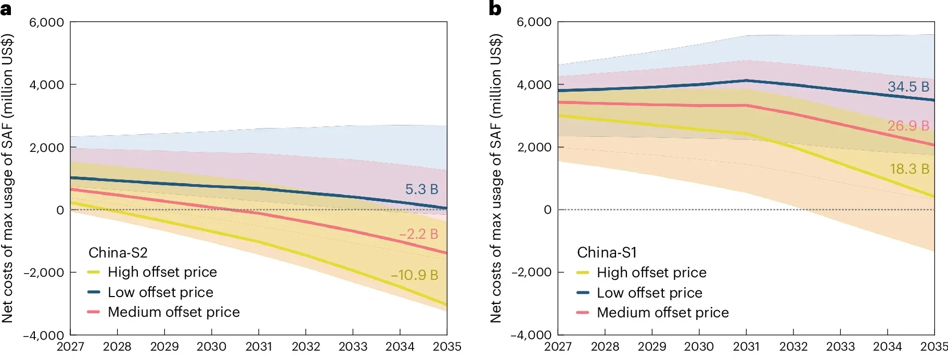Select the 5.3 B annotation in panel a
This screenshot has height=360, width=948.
421,189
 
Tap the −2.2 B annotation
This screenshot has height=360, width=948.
418,234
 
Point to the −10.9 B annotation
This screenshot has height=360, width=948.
414,275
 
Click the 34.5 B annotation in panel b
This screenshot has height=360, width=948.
908,87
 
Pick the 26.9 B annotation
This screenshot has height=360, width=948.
908,126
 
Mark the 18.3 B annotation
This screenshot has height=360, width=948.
909,169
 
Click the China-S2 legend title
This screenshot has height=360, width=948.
118,253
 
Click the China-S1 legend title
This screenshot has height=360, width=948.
607,253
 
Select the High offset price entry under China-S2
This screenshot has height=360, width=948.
162,272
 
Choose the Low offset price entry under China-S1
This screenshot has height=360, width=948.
649,293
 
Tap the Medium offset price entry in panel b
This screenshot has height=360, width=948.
662,313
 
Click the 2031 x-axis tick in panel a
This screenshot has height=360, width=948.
259,346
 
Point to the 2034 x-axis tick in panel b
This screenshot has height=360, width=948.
887,346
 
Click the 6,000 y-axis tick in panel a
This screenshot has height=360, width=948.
47,22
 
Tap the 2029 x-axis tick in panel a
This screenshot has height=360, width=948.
164,346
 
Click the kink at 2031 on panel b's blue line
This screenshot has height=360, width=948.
746,81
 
